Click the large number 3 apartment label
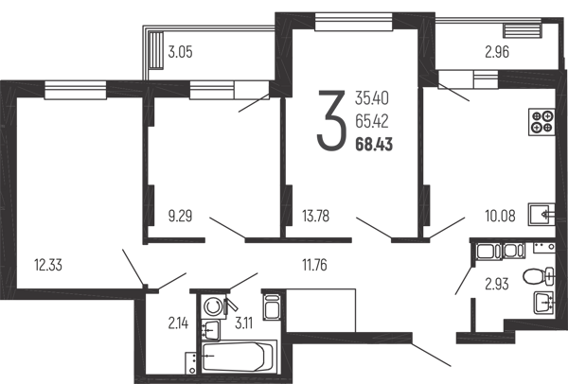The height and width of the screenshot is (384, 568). (x=329, y=120)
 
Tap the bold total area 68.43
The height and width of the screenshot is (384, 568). (x=374, y=145)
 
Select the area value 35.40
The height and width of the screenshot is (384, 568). (x=372, y=98)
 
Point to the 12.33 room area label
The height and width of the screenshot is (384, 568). (x=48, y=265)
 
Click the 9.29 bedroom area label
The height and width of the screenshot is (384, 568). (x=180, y=217)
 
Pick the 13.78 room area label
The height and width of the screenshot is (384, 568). (x=316, y=217)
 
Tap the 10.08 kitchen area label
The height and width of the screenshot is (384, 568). (x=500, y=216)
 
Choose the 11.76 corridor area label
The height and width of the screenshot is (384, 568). (x=314, y=265)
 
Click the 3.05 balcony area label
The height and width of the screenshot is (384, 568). (x=181, y=52)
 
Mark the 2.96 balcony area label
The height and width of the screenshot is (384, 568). (x=497, y=52)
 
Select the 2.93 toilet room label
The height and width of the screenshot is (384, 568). (x=497, y=284)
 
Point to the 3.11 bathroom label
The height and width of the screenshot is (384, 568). (x=244, y=323)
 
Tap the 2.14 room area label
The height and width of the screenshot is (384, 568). (x=178, y=323)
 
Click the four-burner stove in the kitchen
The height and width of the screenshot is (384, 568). (x=541, y=122)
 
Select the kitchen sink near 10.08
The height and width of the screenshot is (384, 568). (x=541, y=215)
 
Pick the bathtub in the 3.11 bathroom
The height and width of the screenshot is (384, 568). (x=238, y=357)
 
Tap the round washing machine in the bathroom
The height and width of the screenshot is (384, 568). (x=212, y=306)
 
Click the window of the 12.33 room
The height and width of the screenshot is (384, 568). (x=76, y=90)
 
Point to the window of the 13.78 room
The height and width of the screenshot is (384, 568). (x=353, y=22)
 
